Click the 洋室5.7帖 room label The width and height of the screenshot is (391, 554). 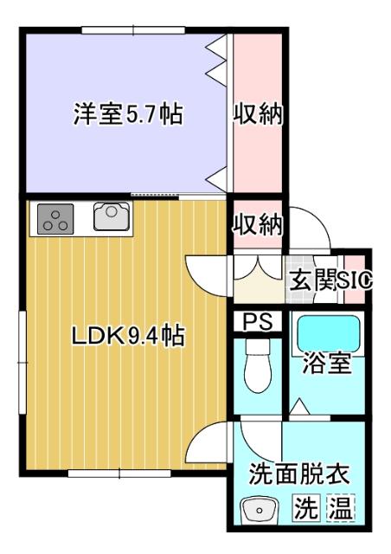click(127, 114)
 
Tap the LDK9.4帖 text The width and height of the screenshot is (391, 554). click(127, 336)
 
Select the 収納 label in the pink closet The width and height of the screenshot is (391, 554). click(259, 114)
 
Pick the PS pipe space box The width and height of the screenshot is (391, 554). click(257, 321)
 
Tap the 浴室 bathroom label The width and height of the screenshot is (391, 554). click(327, 363)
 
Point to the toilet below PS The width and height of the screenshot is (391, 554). click(257, 368)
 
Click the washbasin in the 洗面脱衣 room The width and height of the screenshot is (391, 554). click(259, 510)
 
